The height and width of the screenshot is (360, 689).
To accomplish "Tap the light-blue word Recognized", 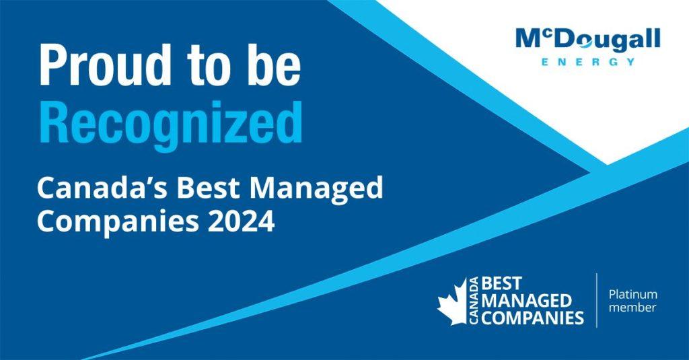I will [x=170, y=122].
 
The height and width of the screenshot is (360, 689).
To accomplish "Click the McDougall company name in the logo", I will [x=588, y=40].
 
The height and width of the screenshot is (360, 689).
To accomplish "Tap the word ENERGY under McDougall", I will [x=588, y=62].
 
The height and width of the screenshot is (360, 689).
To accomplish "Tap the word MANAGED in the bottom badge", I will [x=526, y=299].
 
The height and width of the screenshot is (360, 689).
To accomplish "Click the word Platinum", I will [x=632, y=294].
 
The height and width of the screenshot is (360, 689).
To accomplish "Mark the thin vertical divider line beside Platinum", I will [x=597, y=300].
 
